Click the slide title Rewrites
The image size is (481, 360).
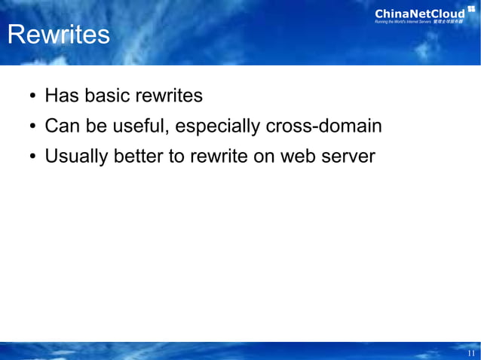(58, 35)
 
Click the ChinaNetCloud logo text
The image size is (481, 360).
(420, 13)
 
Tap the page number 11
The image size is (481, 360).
(471, 353)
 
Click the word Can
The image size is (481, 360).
(61, 127)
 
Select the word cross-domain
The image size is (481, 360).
(323, 127)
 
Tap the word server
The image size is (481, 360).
(348, 157)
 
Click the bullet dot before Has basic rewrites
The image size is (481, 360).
(33, 98)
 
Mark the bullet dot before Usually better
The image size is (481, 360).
(33, 158)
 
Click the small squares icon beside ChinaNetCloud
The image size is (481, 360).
(471, 9)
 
